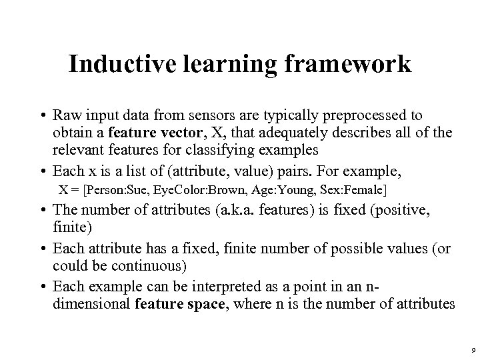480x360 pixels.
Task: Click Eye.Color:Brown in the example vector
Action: tap(192, 189)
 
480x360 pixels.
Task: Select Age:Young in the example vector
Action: tap(271, 189)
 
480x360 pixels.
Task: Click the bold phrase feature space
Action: tap(175, 305)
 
